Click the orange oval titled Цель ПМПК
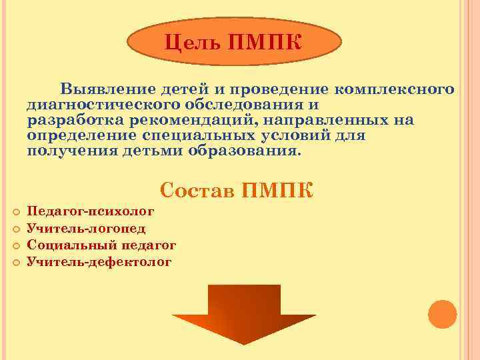(233, 44)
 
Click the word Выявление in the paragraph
(105, 90)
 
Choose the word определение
(81, 136)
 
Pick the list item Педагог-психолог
(91, 212)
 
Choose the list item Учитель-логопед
(86, 229)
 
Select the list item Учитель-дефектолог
(99, 262)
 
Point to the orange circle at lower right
(442, 314)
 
